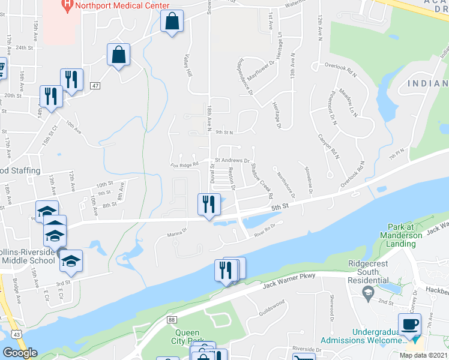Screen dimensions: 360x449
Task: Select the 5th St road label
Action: pyautogui.click(x=280, y=206)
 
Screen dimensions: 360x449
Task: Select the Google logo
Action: pyautogui.click(x=20, y=353)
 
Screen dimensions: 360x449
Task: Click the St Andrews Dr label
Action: pyautogui.click(x=232, y=160)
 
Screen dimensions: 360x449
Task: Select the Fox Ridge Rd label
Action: pyautogui.click(x=184, y=165)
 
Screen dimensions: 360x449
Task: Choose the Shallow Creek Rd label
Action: pyautogui.click(x=261, y=181)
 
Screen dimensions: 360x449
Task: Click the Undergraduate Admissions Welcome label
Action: pyautogui.click(x=363, y=336)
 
